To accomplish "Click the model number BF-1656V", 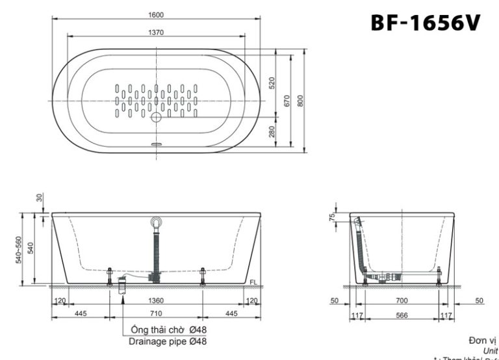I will coord(426,22).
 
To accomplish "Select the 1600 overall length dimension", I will coord(155,14).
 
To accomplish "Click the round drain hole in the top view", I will coord(156,118).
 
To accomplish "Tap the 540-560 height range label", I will coord(19,248).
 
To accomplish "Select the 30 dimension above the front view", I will coord(39,197).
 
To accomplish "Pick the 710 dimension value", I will coord(157,314).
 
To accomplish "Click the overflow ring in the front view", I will coord(155,222).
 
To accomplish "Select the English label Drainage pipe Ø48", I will coord(168,341).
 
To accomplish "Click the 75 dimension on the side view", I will coord(331,216).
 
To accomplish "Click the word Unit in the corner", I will coord(490,350).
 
